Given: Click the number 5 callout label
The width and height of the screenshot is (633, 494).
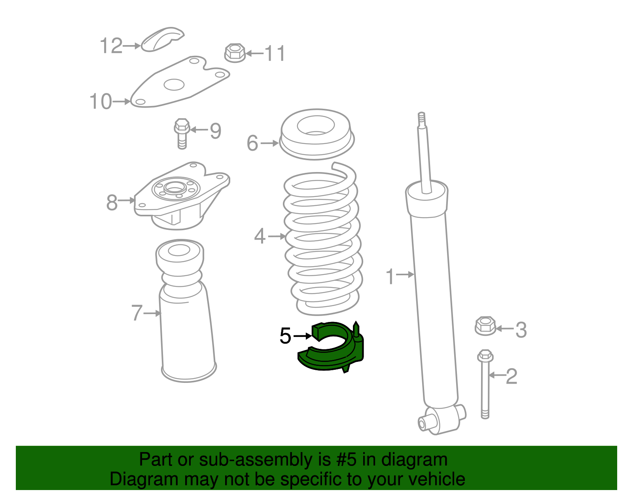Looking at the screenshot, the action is (285, 336).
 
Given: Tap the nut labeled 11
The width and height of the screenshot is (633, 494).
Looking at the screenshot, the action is (235, 53).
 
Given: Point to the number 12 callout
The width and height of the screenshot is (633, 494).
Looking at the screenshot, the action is (111, 46).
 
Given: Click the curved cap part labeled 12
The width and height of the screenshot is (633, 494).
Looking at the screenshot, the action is (162, 39).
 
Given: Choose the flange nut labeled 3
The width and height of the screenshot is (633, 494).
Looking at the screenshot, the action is (485, 326).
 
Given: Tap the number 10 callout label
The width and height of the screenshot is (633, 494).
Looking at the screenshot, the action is (100, 101).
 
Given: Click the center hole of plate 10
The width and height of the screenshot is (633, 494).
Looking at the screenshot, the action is (174, 85).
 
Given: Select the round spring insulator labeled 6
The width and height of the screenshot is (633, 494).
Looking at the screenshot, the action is (316, 134).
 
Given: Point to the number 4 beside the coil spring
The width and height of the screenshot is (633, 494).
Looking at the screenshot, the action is (260, 236).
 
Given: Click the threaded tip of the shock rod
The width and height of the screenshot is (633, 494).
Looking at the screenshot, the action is (421, 118).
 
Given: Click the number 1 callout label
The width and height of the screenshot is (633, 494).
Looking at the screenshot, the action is (390, 276).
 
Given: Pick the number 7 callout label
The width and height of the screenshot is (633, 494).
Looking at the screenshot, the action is (137, 312).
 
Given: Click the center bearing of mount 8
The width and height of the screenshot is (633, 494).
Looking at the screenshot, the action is (175, 188).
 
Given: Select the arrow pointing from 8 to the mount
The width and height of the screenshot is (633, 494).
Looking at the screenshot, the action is (127, 200).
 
